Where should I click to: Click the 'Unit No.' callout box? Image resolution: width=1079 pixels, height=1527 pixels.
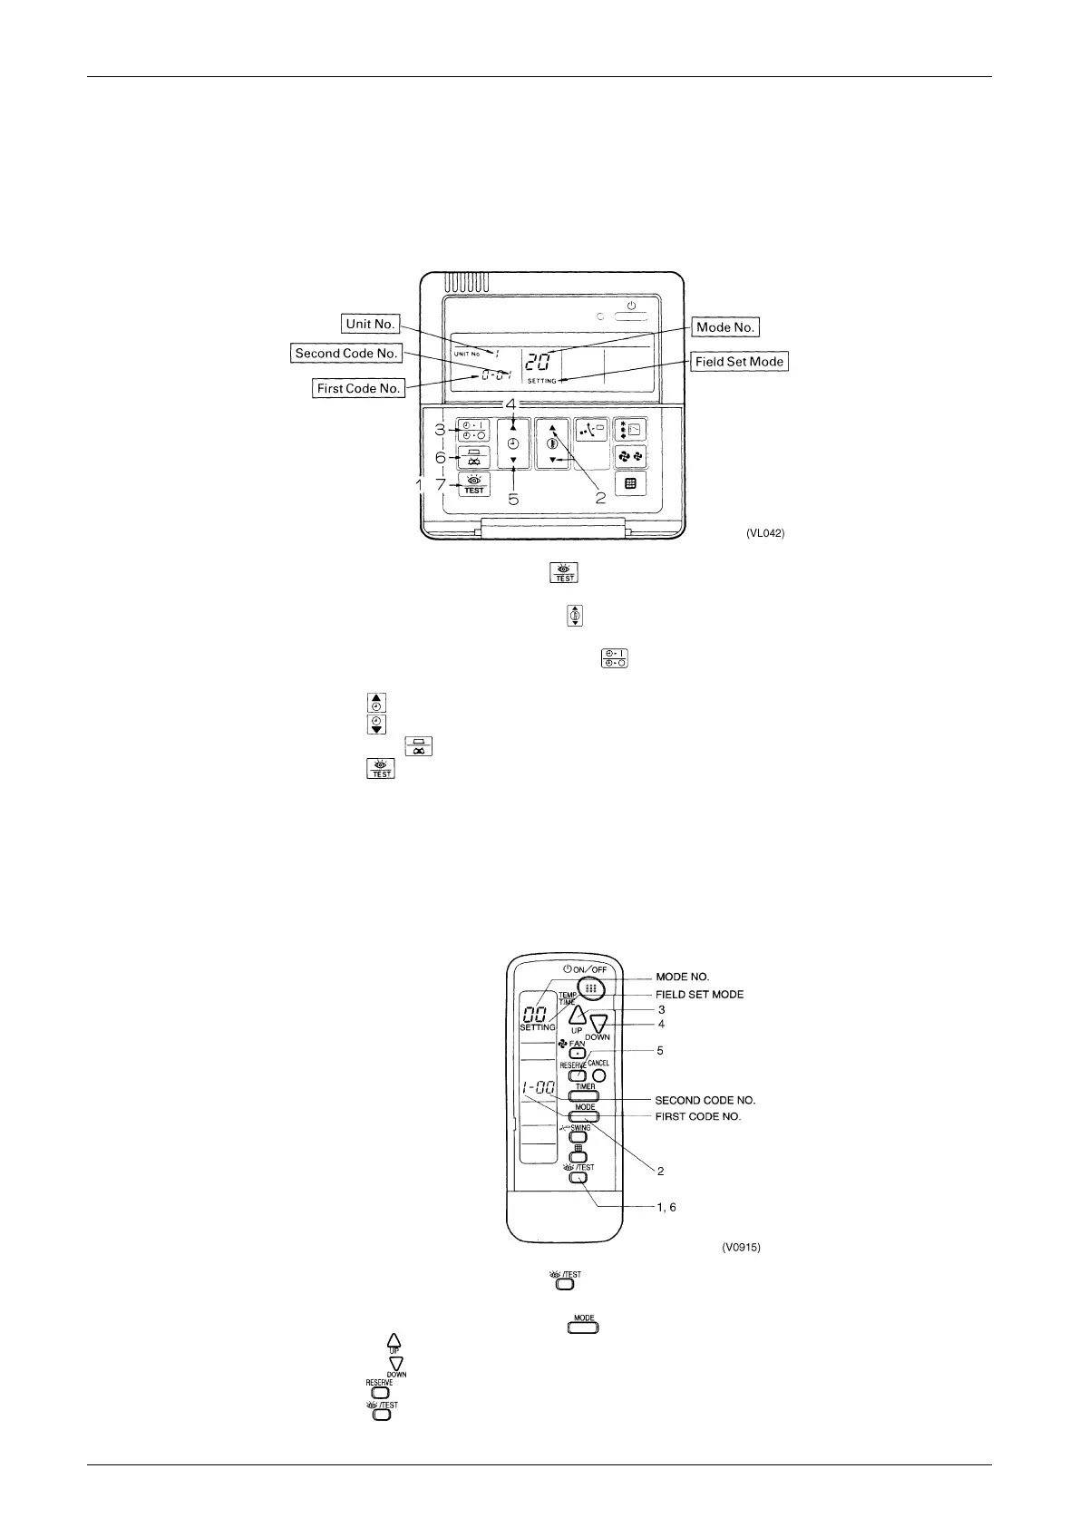pyautogui.click(x=370, y=323)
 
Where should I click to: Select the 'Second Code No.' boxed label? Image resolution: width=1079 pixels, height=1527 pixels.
pyautogui.click(x=346, y=354)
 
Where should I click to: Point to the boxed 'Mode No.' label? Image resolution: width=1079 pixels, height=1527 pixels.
pyautogui.click(x=725, y=326)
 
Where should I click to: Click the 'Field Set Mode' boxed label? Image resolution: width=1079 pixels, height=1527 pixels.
pyautogui.click(x=739, y=361)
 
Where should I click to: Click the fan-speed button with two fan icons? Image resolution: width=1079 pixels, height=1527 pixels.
pyautogui.click(x=630, y=456)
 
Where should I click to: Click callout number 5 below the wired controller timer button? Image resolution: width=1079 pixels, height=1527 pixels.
pyautogui.click(x=513, y=499)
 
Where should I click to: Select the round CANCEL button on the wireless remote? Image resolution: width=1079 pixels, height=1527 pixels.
pyautogui.click(x=598, y=1077)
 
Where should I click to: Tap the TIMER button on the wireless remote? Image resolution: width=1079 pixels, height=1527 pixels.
pyautogui.click(x=585, y=1095)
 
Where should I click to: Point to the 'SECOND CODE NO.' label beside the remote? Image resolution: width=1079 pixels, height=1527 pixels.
pyautogui.click(x=705, y=1100)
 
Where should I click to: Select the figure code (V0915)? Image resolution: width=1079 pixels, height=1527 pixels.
pyautogui.click(x=741, y=1248)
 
